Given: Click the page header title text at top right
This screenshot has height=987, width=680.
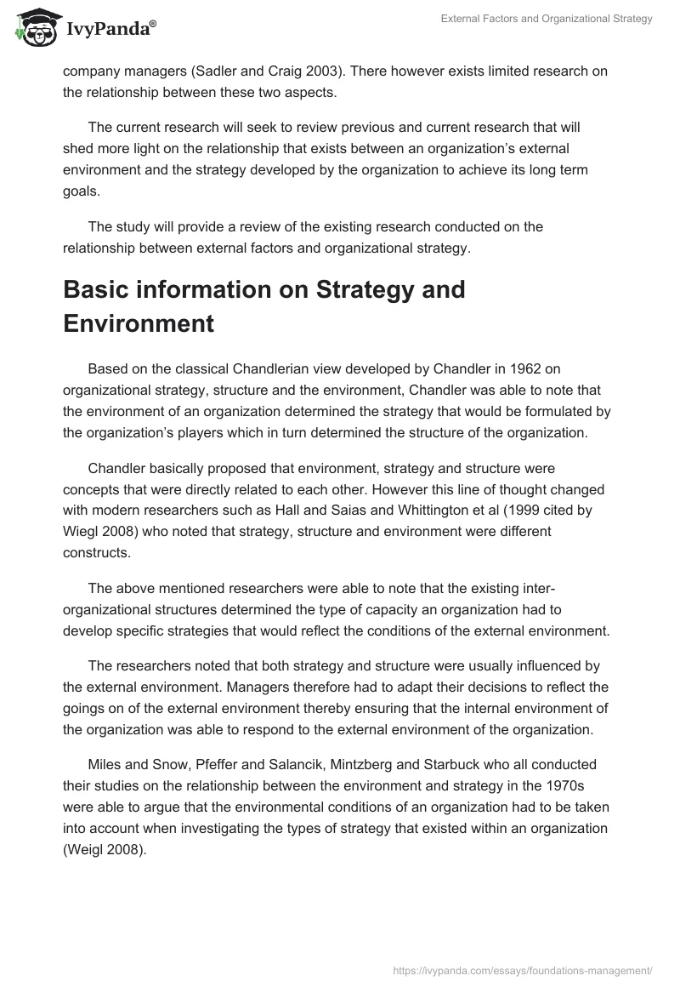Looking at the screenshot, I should click(x=547, y=19).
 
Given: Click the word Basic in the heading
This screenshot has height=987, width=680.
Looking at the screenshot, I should click(x=99, y=289).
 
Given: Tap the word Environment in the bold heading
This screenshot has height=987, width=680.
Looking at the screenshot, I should click(x=139, y=323).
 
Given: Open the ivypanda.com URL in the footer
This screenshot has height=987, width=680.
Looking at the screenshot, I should click(x=522, y=968).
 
